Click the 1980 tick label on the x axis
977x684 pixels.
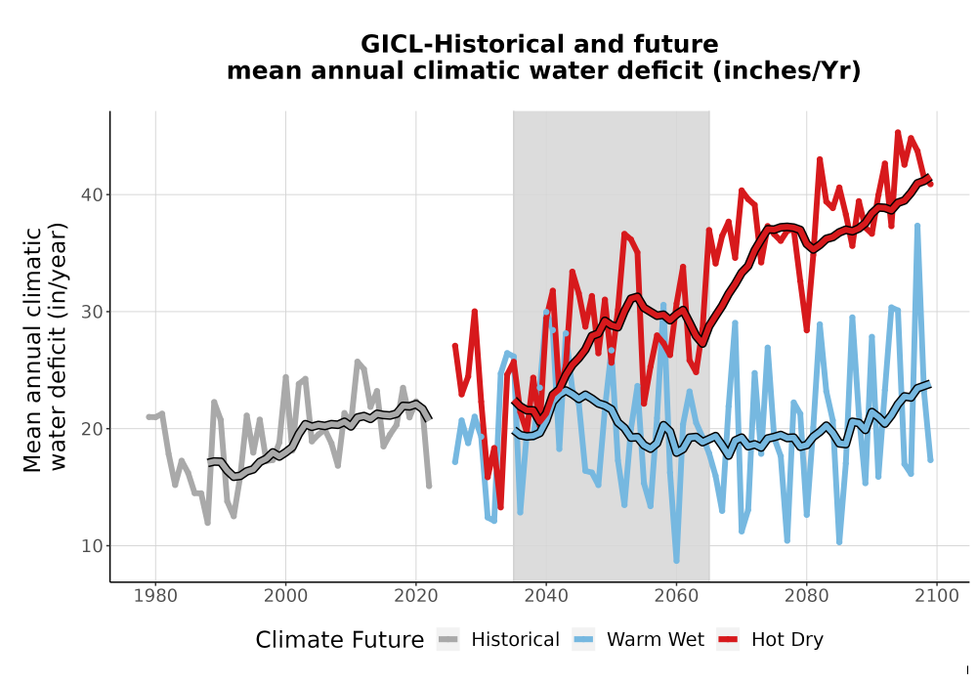click(155, 595)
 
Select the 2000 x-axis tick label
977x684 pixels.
click(286, 595)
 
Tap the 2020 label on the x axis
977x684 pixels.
click(416, 595)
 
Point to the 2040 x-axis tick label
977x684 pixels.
click(546, 595)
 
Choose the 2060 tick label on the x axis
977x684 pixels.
click(676, 595)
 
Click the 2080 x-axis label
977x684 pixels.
click(806, 595)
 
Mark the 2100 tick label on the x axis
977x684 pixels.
click(937, 595)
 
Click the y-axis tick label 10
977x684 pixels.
click(92, 545)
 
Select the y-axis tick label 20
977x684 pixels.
click(92, 429)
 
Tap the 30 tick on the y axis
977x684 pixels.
click(92, 312)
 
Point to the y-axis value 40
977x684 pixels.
click(92, 194)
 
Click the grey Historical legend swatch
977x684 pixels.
click(448, 640)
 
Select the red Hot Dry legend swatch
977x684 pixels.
click(728, 640)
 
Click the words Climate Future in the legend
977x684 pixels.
click(340, 640)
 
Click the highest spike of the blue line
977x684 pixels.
click(917, 226)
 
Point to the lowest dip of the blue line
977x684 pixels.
click(676, 561)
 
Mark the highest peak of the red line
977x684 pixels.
click(898, 132)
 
